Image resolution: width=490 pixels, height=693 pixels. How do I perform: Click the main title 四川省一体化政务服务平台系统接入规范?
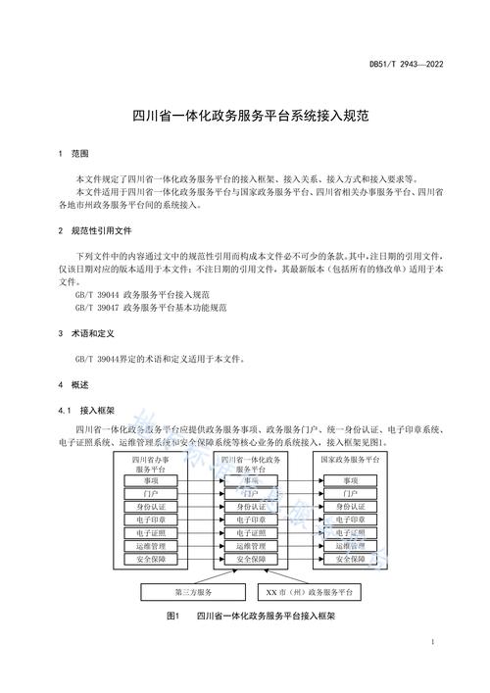coord(245,115)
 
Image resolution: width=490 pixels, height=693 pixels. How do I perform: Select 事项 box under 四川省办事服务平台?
coord(151,480)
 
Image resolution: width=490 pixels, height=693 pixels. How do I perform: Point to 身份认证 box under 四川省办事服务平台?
coord(151,507)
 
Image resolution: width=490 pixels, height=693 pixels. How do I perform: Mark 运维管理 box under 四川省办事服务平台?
coord(151,545)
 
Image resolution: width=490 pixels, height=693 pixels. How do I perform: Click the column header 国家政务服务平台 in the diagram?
coord(351,459)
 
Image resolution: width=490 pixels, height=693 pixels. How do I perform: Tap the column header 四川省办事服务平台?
coord(151,464)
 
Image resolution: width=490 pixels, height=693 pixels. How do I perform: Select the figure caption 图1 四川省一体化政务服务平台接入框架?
coord(251,617)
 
